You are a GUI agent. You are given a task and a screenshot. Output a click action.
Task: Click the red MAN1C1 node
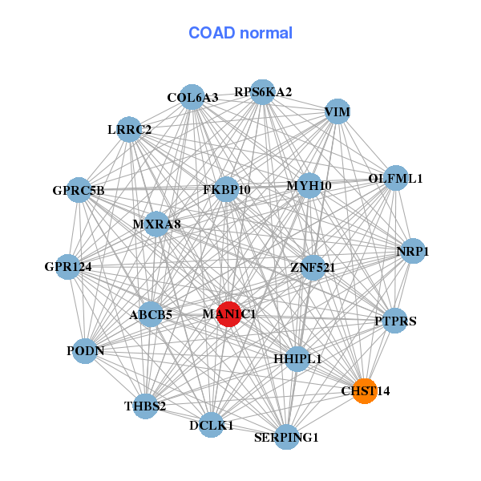(x=228, y=314)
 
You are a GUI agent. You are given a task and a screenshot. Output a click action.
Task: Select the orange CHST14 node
(x=365, y=391)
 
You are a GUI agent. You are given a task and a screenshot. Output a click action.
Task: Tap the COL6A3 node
(x=192, y=97)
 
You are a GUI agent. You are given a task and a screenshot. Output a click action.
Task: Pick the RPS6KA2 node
(x=262, y=91)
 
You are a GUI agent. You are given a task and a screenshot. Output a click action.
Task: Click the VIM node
(x=338, y=112)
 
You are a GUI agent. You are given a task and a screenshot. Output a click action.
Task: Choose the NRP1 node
(x=413, y=252)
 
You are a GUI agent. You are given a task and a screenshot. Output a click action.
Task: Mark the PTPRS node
(x=395, y=321)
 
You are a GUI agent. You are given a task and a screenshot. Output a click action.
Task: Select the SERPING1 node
(x=286, y=437)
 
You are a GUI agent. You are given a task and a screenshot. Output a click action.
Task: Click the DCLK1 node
(x=211, y=426)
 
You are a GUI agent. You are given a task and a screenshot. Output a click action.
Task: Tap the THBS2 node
(x=145, y=406)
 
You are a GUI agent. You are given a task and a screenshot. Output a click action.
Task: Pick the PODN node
(x=85, y=351)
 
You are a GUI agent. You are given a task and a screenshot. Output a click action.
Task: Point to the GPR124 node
(x=68, y=266)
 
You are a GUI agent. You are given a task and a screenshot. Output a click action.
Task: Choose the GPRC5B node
(x=79, y=191)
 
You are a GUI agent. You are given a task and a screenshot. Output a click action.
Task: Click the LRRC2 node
(x=129, y=129)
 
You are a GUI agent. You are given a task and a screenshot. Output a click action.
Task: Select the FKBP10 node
(x=227, y=190)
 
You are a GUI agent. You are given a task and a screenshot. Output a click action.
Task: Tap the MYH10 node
(x=309, y=186)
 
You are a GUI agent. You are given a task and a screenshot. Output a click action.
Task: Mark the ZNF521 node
(x=312, y=267)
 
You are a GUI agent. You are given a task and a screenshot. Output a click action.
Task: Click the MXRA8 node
(x=156, y=224)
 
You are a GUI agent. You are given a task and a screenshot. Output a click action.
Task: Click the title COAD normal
(x=240, y=34)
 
